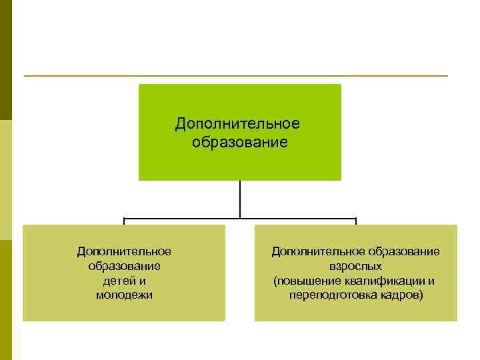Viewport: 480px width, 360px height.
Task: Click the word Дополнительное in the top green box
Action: (237, 124)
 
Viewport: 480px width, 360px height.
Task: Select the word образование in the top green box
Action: (239, 142)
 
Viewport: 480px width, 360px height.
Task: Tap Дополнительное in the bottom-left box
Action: (124, 251)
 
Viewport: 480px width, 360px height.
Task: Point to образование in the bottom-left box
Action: (124, 266)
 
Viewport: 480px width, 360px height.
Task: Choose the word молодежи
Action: (124, 295)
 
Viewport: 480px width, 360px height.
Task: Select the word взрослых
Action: (356, 266)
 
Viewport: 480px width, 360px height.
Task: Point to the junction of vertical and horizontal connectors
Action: (240, 218)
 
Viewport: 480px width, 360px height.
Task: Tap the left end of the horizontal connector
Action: (124, 219)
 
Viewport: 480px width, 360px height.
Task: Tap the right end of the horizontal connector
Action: (356, 219)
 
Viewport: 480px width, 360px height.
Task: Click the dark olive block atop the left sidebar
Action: (6, 60)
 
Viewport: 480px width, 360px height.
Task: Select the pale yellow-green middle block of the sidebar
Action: (6, 180)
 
